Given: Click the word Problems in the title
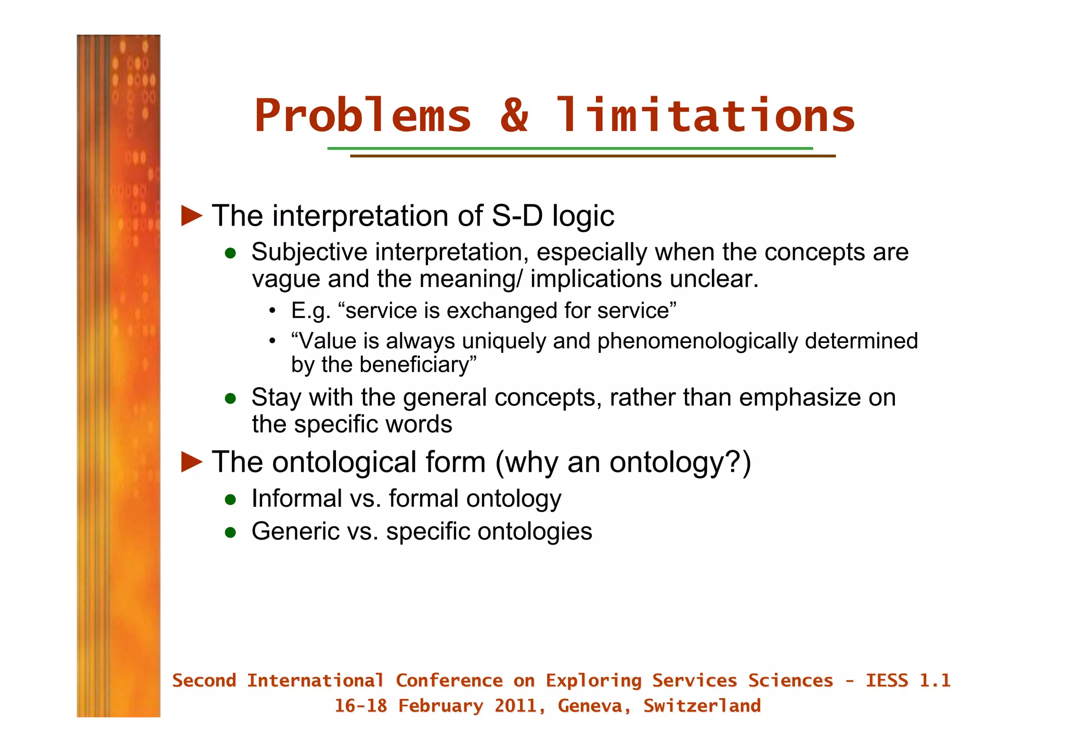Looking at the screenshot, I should (362, 115).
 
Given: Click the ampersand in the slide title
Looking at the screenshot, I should (514, 115).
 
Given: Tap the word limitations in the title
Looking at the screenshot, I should (705, 115).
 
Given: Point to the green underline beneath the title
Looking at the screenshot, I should (569, 149).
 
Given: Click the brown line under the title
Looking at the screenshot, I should (592, 156).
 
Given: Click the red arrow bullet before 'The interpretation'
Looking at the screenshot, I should (191, 216).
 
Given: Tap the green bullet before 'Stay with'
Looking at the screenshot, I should (230, 399).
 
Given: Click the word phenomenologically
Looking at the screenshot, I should (697, 341).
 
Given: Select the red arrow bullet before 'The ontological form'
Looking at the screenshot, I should (191, 462).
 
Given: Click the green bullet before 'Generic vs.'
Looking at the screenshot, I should (230, 532).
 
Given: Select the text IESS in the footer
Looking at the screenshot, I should (887, 681).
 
